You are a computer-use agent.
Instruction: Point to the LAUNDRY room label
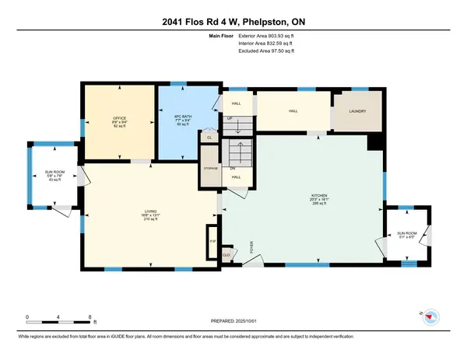pos(356,111)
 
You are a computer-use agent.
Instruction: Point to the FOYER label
pos(251,248)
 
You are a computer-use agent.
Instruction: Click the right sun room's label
pos(407,233)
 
